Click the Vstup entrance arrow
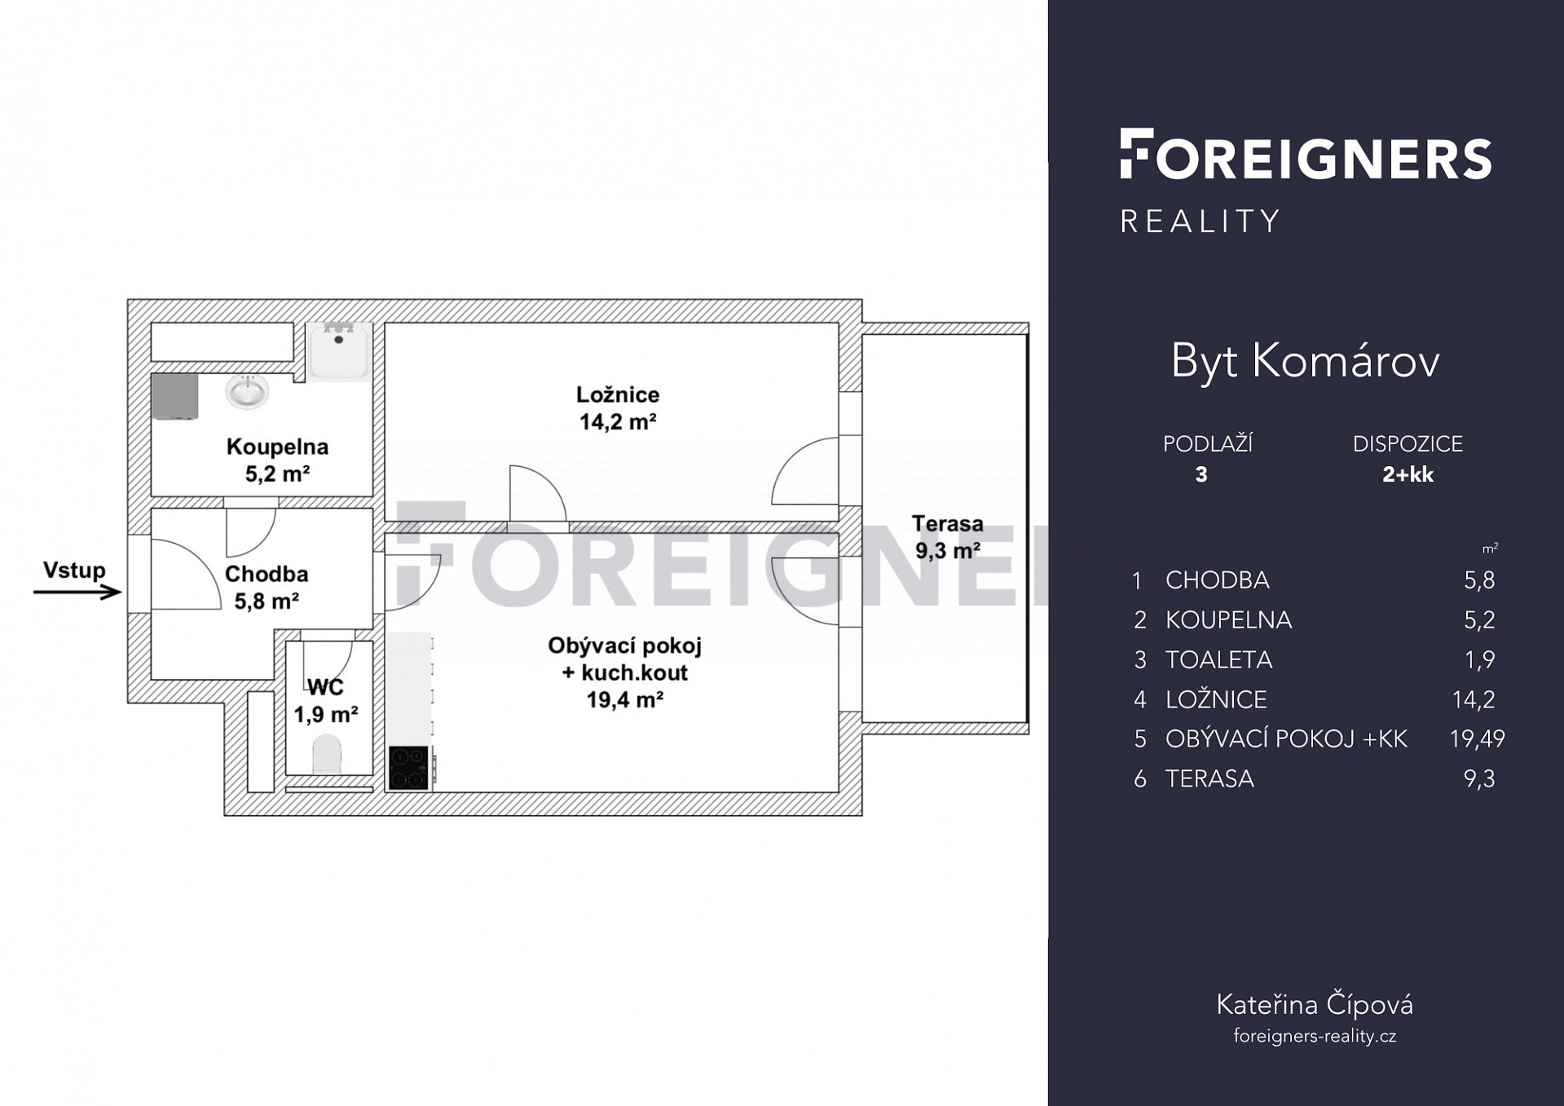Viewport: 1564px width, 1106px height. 77,593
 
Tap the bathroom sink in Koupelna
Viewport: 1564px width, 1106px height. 247,392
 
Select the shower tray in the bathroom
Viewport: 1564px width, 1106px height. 339,350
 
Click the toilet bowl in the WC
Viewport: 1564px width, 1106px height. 328,754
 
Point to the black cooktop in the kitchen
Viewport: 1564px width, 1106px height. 408,768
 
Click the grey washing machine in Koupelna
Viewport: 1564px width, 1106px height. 175,397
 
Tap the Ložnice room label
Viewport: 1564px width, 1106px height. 618,394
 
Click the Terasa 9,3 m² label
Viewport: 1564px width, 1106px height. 947,537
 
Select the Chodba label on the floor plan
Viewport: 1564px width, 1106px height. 267,574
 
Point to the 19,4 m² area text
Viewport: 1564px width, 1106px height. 624,699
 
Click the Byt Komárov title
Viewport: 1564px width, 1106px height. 1305,360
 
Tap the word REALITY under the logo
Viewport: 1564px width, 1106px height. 1201,222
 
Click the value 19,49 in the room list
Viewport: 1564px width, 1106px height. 1477,738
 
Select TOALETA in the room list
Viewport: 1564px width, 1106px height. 1218,659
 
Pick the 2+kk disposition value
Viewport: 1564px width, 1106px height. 1408,474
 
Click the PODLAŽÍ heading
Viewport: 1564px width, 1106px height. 1207,443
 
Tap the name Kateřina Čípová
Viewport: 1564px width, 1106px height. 1314,1005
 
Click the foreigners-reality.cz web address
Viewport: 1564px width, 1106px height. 1315,1036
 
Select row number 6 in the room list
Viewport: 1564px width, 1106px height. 1140,779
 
